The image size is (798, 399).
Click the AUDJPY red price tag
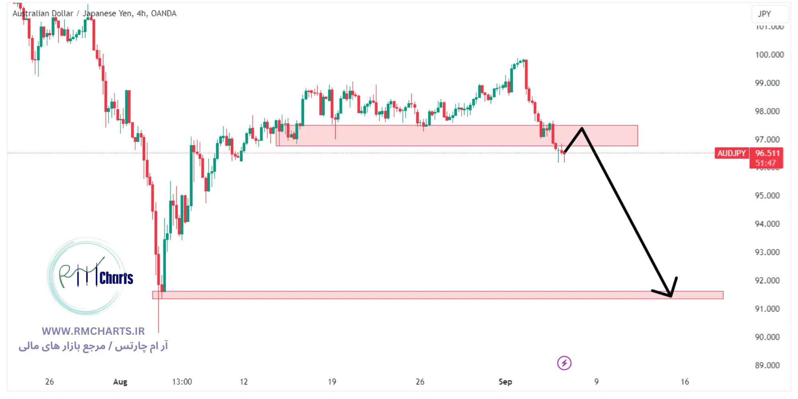[x=731, y=153]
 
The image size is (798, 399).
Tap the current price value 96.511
[x=767, y=153]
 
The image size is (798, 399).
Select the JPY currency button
[x=764, y=14]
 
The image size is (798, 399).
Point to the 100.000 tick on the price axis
[x=769, y=55]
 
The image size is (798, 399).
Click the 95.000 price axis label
[x=767, y=196]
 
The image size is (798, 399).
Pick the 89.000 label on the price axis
[x=767, y=365]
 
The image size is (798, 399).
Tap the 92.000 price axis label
[x=767, y=280]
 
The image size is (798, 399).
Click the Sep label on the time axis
[x=505, y=382]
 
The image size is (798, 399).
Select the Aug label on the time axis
[x=120, y=382]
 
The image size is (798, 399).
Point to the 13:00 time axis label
[x=182, y=382]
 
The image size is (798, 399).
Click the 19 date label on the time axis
[x=332, y=382]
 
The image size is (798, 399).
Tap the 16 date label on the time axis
[x=685, y=382]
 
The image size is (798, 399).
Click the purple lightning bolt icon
[x=564, y=363]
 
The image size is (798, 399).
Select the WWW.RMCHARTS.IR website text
[x=93, y=331]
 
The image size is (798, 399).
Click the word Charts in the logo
[x=116, y=278]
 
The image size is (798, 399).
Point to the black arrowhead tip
[x=671, y=296]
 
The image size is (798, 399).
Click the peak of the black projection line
[x=582, y=128]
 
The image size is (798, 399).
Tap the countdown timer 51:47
[x=765, y=163]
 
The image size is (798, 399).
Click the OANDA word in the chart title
[x=164, y=14]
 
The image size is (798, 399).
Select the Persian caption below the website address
[x=93, y=346]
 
